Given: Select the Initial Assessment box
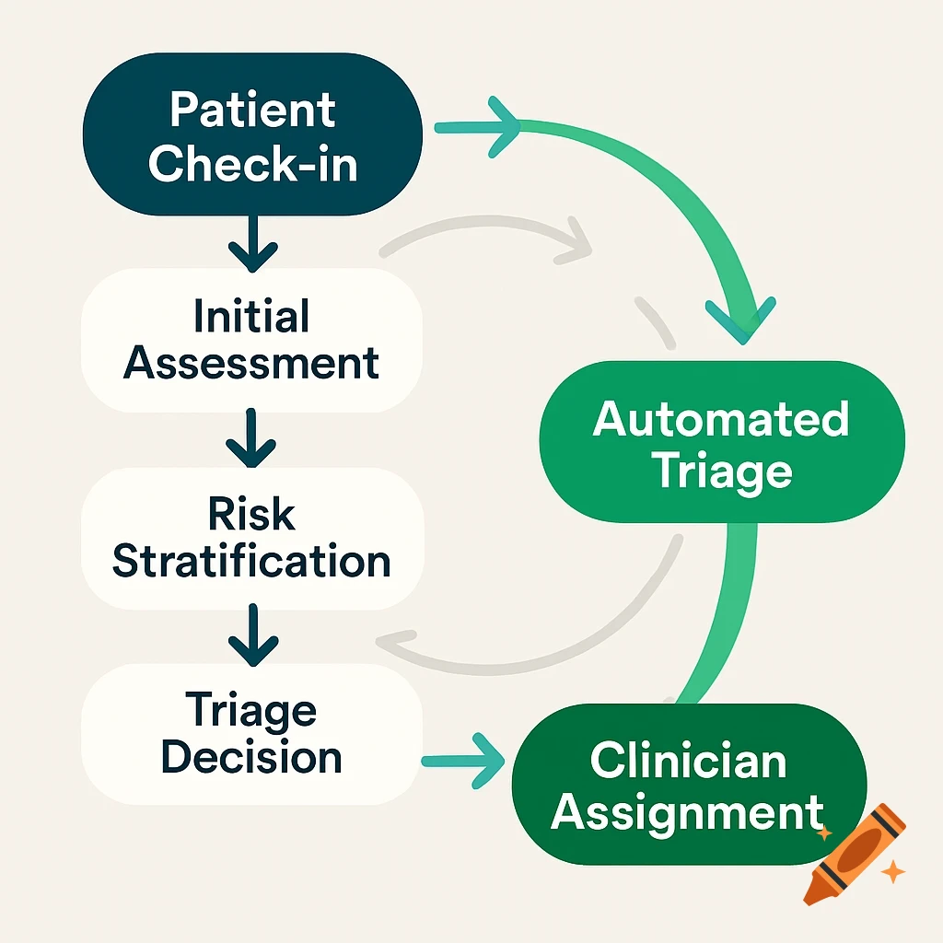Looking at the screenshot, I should tap(251, 341).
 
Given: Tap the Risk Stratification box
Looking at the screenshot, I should tap(251, 538).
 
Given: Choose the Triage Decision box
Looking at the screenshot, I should tap(251, 735).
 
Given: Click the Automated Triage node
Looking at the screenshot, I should tap(721, 445).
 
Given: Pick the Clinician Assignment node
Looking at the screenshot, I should tap(689, 785).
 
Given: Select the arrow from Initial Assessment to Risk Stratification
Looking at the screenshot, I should tap(251, 441).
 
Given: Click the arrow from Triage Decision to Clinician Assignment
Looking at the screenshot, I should tap(465, 760).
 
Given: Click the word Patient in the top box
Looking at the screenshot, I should tap(252, 111).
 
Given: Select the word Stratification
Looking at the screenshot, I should tap(251, 562).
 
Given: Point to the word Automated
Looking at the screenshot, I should tap(721, 420).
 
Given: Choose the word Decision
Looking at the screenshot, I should tap(251, 757).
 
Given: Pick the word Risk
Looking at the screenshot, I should tap(251, 514).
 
